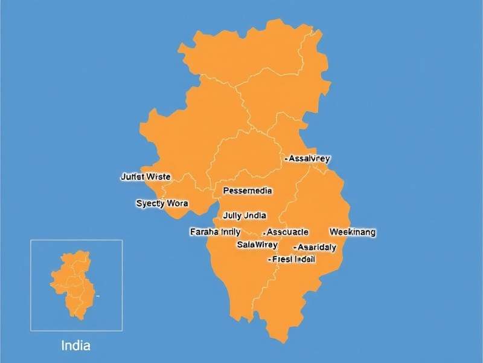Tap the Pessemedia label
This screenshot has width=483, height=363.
coord(248,191)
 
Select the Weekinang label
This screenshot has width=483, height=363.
coord(353,232)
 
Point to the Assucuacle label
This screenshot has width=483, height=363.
coord(286,232)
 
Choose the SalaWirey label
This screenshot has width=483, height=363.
coord(257,244)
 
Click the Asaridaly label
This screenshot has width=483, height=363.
coord(315,247)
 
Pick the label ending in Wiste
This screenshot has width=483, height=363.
coord(146,177)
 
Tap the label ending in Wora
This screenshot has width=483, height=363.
coord(162,203)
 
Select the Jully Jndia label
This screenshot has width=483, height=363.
coord(245,215)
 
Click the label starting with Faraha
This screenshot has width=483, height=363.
coord(216,232)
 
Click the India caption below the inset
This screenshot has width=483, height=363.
coord(76,346)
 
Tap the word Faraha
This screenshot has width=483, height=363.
coord(204,232)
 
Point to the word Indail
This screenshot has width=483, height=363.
coord(305,259)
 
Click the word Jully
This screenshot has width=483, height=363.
coord(232,215)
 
